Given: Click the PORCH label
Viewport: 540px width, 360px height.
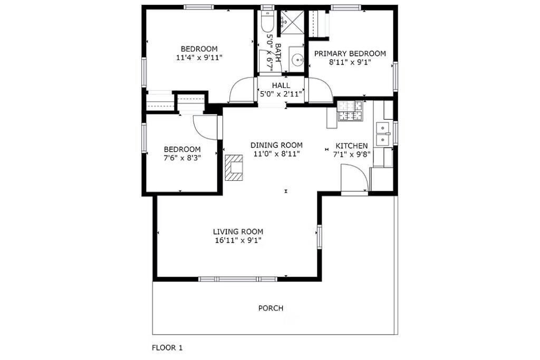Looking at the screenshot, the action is [x=271, y=308].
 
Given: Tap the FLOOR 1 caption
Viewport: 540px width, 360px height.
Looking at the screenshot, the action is [x=167, y=347].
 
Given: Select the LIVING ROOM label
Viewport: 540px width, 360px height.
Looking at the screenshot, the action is [x=238, y=231].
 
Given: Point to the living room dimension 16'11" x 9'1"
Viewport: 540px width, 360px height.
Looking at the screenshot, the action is [x=238, y=240].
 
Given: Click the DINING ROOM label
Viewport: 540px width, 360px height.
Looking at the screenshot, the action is [x=276, y=145].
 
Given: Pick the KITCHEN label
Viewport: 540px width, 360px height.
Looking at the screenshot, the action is [x=352, y=146].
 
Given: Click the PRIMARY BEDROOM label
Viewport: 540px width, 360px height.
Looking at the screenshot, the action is [x=350, y=54].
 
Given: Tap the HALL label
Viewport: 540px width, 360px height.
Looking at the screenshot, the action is [x=281, y=85].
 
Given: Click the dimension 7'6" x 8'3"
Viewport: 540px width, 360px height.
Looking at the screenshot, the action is [x=182, y=158].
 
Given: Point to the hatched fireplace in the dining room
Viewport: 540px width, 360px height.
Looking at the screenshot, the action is [x=234, y=168].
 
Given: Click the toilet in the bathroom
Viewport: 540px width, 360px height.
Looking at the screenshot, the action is [x=266, y=21].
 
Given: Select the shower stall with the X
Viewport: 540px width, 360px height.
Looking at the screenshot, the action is [x=293, y=22].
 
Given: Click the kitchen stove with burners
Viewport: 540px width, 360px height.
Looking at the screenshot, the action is [x=350, y=111].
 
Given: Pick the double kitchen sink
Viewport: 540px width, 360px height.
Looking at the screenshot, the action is [x=382, y=133].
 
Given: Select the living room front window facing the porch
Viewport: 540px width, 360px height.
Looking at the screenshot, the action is [x=238, y=279].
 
